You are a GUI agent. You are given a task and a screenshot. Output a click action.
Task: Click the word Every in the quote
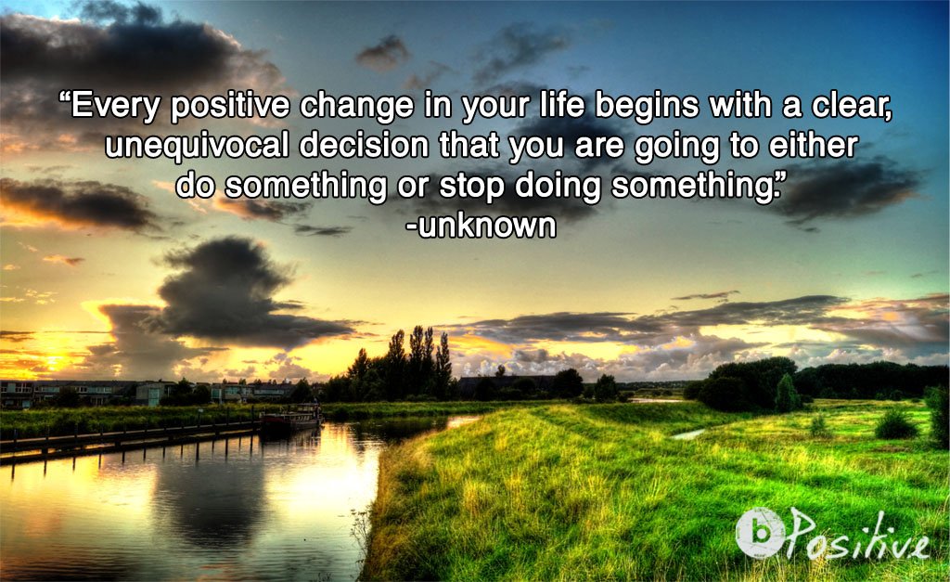tap(114, 107)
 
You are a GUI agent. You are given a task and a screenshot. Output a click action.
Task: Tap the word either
tap(811, 147)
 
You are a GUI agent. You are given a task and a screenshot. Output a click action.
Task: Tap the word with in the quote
tap(740, 107)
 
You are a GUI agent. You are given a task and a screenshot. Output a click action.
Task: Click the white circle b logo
tap(760, 533)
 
